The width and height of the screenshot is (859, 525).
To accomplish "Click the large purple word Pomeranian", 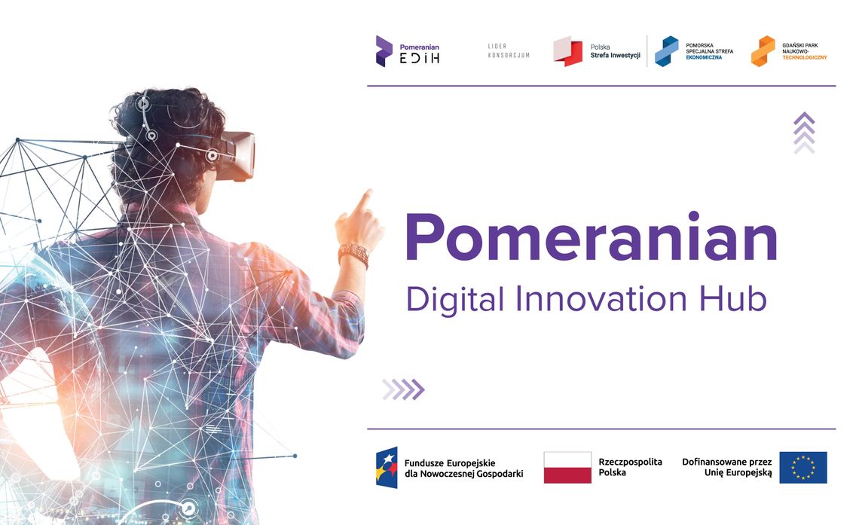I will [x=592, y=238].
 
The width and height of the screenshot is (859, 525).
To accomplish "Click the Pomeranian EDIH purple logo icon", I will [x=384, y=51].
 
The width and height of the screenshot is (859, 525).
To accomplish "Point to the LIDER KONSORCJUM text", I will [x=509, y=51].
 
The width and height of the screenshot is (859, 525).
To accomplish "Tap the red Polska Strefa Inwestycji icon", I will [x=567, y=51].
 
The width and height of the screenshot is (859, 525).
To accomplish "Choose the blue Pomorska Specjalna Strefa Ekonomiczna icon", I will [x=665, y=51].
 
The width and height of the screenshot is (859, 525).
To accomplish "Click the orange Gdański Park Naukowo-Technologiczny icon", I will [x=763, y=51].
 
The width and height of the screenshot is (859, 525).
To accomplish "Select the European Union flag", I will [x=802, y=468].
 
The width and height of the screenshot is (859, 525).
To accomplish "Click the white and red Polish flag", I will [x=567, y=468].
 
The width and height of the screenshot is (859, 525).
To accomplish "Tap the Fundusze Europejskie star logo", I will [x=387, y=468].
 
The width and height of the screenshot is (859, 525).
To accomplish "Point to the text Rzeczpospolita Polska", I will [x=630, y=467].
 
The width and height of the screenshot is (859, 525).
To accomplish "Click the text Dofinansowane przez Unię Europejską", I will [x=727, y=467].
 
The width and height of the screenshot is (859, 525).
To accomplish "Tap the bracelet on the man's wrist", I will [x=353, y=255].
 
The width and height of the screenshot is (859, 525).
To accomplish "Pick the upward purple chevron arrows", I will [x=804, y=133].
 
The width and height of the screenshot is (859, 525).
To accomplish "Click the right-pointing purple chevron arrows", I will [x=403, y=389].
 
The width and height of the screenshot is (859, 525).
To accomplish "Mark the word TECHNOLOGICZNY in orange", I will [x=805, y=58].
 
